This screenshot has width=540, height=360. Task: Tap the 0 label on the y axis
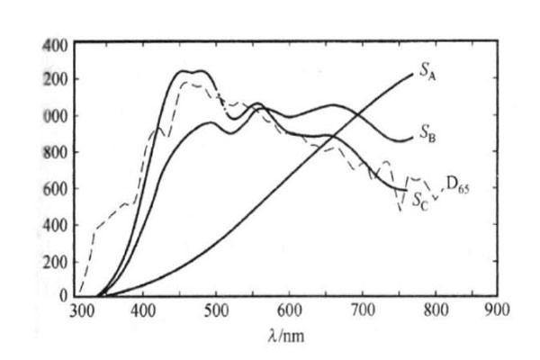(x=63, y=296)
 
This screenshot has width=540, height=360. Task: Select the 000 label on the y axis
(x=55, y=116)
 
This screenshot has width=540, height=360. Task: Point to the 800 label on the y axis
(x=55, y=152)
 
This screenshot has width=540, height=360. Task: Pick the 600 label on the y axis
(x=55, y=188)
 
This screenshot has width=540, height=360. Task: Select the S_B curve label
(x=428, y=135)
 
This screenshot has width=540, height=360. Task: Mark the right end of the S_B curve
(x=411, y=139)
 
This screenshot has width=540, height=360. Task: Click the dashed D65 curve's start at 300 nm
(x=80, y=293)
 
